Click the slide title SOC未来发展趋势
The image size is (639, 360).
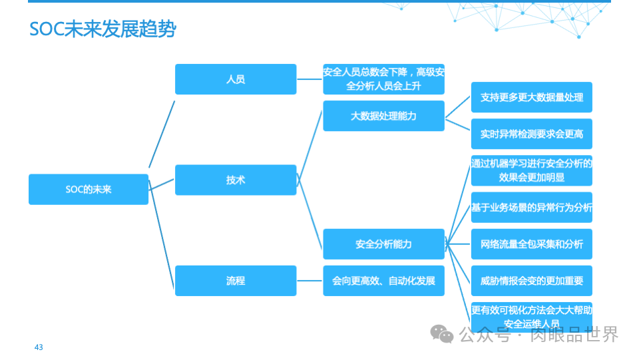pyautogui.click(x=103, y=29)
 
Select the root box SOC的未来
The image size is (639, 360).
pyautogui.click(x=89, y=190)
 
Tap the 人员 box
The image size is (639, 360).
pyautogui.click(x=236, y=79)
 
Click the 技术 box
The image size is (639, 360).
pyautogui.click(x=236, y=180)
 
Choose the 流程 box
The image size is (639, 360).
pyautogui.click(x=236, y=281)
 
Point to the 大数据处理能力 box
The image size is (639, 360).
pyautogui.click(x=383, y=116)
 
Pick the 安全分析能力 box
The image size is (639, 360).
pyautogui.click(x=383, y=244)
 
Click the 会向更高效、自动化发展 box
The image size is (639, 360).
pyautogui.click(x=383, y=281)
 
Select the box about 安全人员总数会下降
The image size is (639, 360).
pyautogui.click(x=383, y=79)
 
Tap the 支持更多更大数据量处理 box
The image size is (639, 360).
pyautogui.click(x=531, y=97)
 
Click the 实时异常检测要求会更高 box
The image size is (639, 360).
pyautogui.click(x=531, y=134)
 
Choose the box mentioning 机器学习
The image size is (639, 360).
pyautogui.click(x=531, y=170)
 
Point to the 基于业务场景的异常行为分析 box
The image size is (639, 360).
pyautogui.click(x=531, y=208)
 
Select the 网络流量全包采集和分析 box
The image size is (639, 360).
pyautogui.click(x=531, y=244)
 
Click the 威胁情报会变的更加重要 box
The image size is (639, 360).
pyautogui.click(x=531, y=281)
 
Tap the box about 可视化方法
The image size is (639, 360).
pyautogui.click(x=531, y=316)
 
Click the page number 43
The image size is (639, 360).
pyautogui.click(x=39, y=347)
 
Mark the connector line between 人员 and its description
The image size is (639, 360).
pyautogui.click(x=310, y=79)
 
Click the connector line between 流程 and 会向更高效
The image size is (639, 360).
pyautogui.click(x=310, y=281)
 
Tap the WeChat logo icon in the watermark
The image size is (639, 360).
pyautogui.click(x=442, y=333)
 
